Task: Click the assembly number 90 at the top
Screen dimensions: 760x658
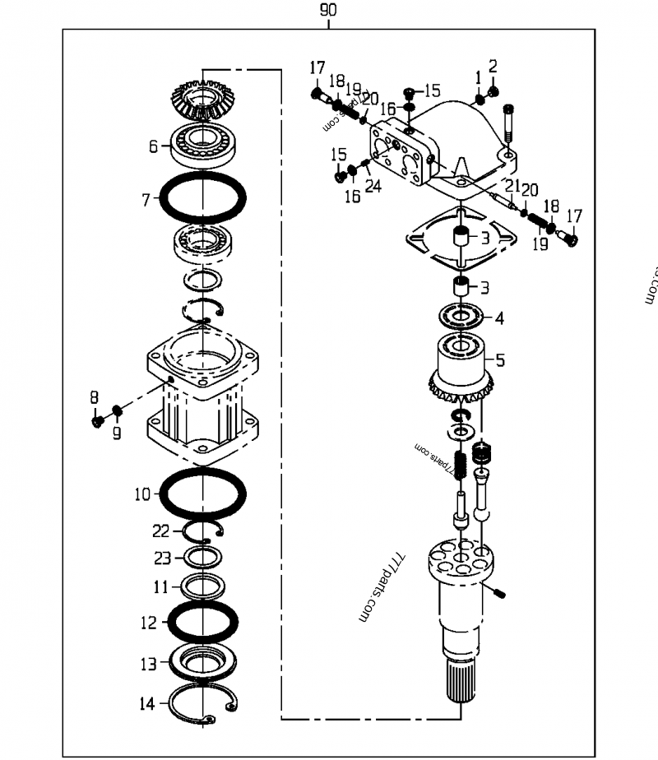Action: coord(327,11)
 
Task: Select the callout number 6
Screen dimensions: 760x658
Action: coord(154,146)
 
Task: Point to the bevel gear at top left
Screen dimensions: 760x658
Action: coord(202,98)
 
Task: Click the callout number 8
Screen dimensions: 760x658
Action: coord(94,398)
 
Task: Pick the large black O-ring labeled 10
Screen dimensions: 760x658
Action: coord(202,494)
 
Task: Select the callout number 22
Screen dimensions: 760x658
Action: coord(161,531)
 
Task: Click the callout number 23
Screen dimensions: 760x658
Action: coord(161,558)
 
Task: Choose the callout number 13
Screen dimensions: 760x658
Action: coord(148,664)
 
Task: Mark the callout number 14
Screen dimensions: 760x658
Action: coord(147,703)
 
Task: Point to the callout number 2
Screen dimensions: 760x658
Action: coord(493,66)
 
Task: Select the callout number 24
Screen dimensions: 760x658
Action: coord(373,187)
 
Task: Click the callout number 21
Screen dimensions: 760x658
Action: coord(512,185)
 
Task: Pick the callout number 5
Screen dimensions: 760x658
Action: coord(500,359)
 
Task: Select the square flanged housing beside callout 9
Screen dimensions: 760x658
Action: coord(202,395)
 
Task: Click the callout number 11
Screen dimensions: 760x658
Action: coord(162,587)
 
